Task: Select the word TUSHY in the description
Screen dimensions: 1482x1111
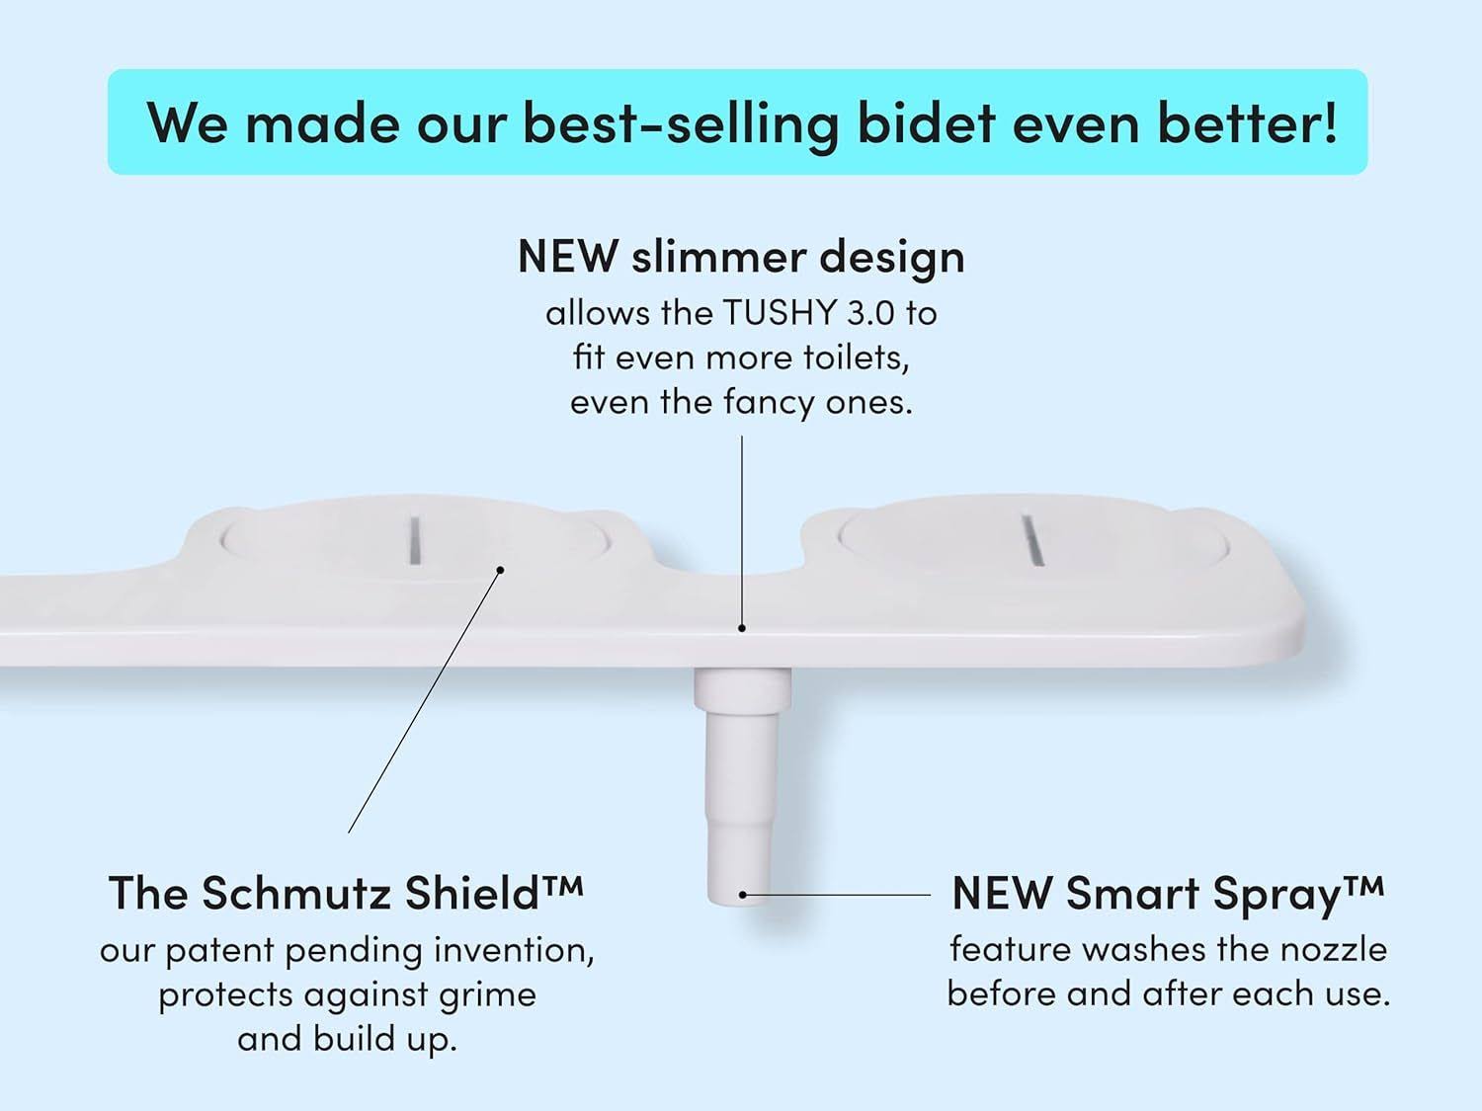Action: coord(780,313)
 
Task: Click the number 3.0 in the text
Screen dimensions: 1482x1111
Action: coord(870,313)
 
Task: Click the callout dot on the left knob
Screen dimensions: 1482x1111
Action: coord(500,570)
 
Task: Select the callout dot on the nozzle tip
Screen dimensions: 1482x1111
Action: coord(743,895)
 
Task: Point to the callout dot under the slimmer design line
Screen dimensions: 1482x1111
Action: coord(742,628)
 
